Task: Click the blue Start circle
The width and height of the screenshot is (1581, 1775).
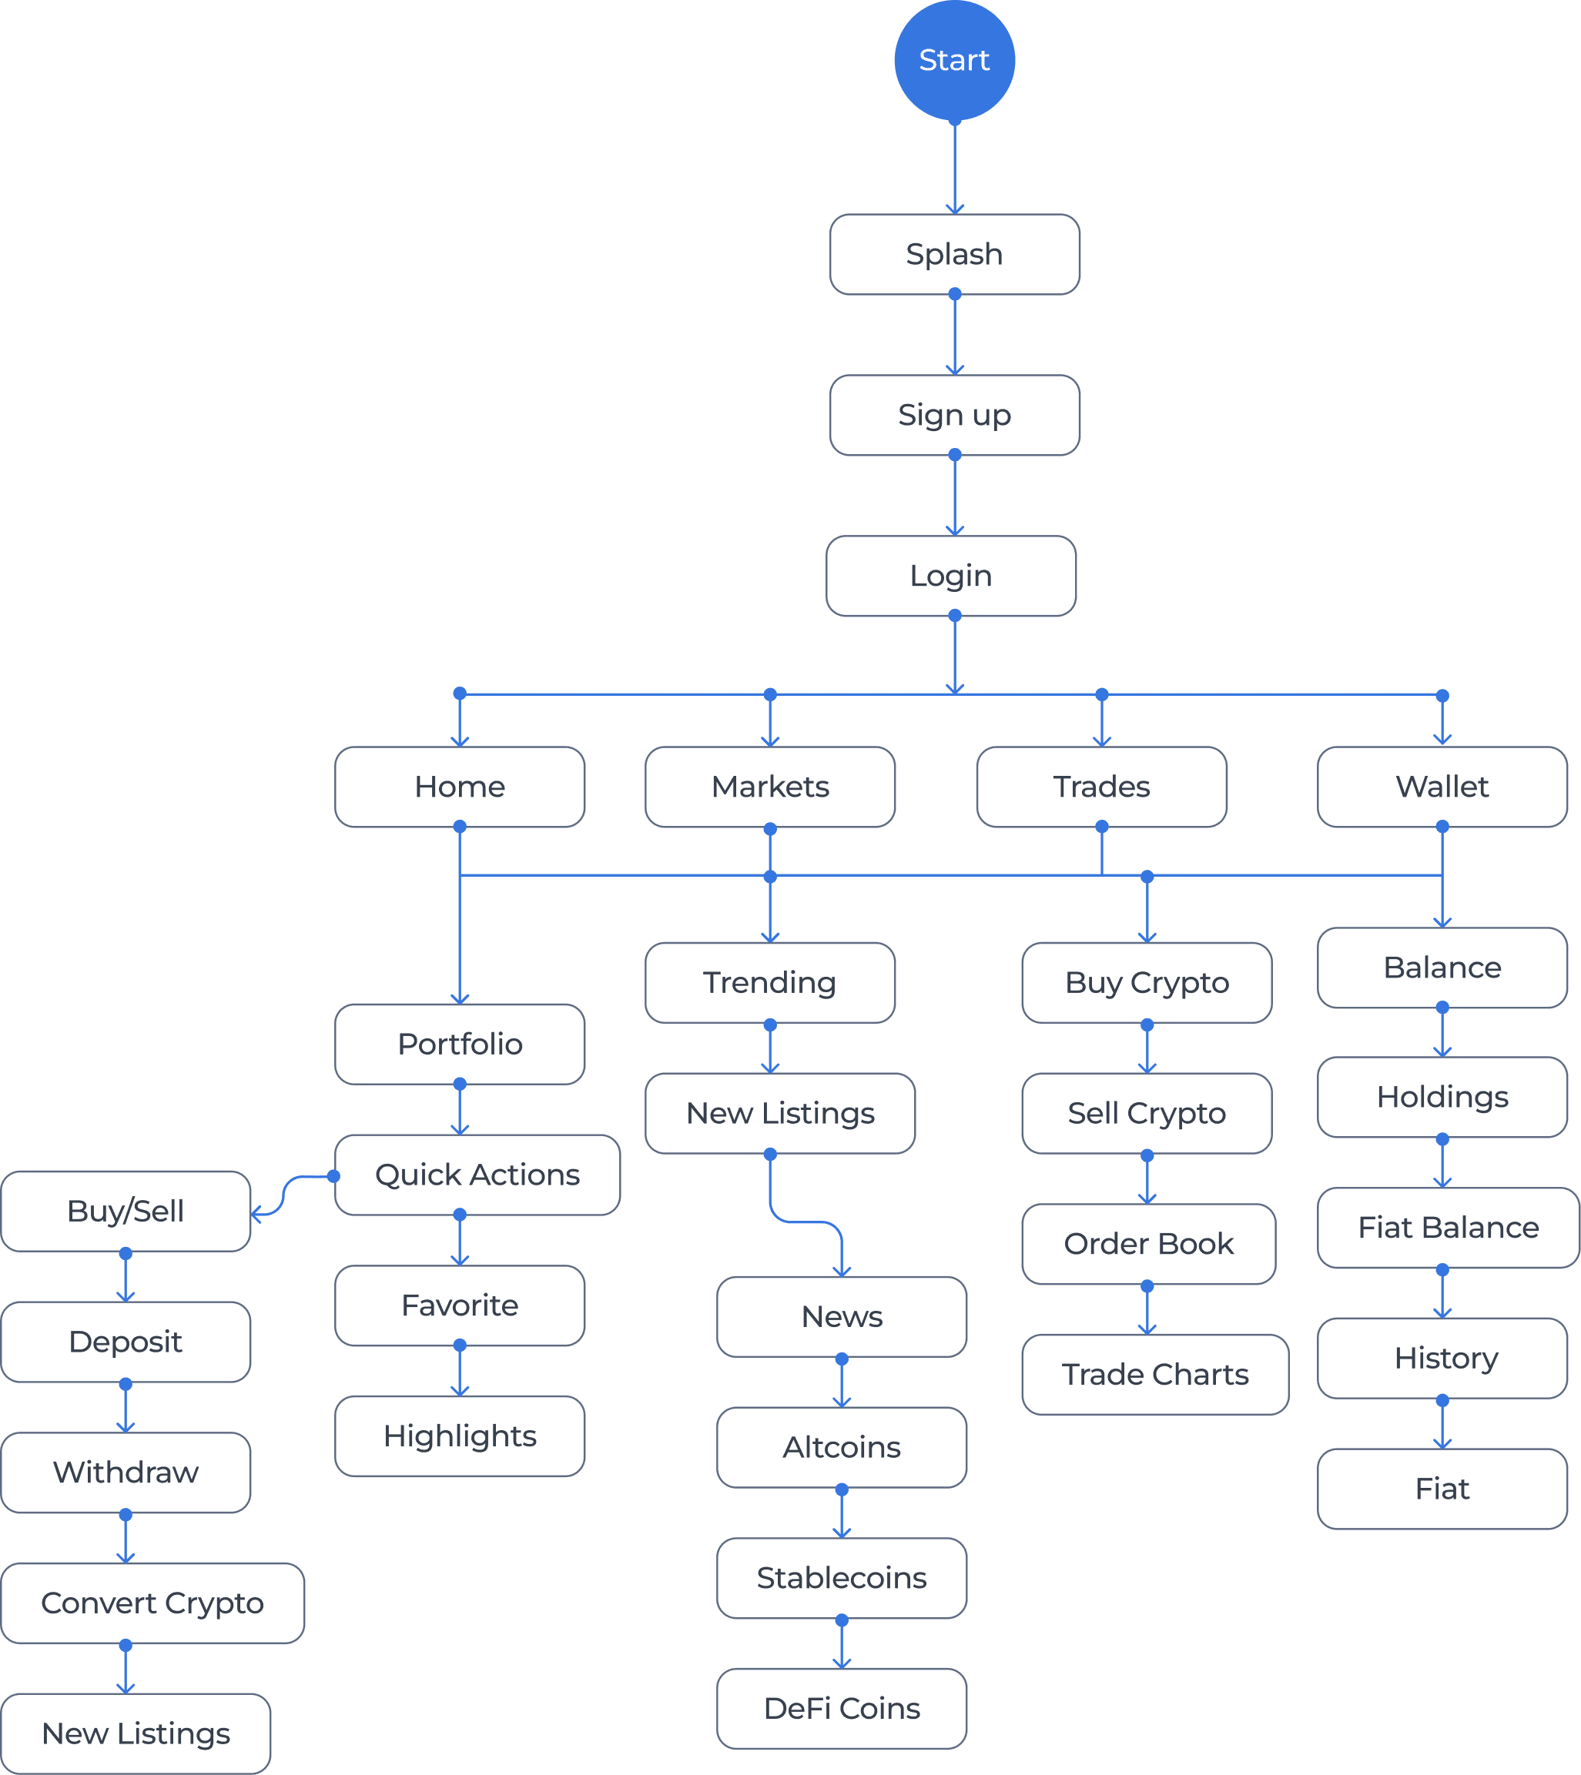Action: coord(955,60)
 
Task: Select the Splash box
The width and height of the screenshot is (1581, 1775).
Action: coord(955,255)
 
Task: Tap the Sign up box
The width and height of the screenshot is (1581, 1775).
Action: coord(955,415)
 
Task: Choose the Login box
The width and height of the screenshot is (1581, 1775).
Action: coord(951,576)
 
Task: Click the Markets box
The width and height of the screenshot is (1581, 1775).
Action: coord(769,787)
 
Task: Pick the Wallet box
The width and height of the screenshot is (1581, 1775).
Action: coord(1442,787)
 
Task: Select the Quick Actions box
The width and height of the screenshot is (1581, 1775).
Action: coord(477,1175)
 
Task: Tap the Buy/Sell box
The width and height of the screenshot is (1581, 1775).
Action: coord(126,1212)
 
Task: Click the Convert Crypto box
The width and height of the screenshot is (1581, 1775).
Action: coord(152,1603)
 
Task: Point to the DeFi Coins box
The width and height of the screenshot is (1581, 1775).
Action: coord(842,1708)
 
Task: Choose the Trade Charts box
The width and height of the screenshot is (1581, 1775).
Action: coord(1155,1375)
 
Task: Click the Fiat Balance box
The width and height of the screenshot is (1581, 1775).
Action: coord(1448,1228)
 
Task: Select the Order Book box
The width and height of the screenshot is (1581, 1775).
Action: coord(1148,1244)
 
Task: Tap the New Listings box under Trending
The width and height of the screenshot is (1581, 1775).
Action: coord(780,1113)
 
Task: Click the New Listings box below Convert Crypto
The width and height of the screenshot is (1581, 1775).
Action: coord(136,1733)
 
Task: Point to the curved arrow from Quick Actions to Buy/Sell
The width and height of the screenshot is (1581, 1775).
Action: coord(284,1194)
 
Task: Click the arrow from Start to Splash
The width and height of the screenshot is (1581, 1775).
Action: coord(955,169)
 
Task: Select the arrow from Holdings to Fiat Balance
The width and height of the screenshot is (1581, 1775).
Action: coord(1442,1164)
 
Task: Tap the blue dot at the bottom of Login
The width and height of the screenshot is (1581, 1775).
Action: coord(955,616)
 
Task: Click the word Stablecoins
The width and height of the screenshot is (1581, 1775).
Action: coord(842,1578)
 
